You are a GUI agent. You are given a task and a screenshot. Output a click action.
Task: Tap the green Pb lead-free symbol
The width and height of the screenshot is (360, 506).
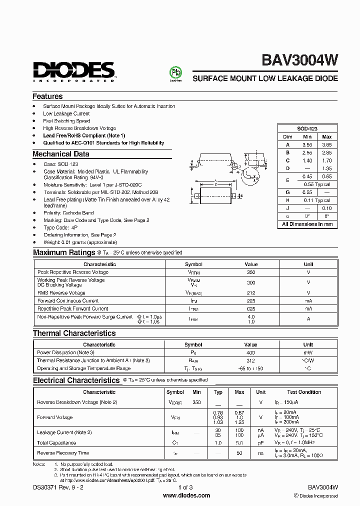pyautogui.click(x=175, y=72)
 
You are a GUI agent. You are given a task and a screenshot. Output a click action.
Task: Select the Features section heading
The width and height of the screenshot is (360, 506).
pyautogui.click(x=47, y=96)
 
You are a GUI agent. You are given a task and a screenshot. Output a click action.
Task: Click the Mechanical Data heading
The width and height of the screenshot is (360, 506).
pyautogui.click(x=61, y=154)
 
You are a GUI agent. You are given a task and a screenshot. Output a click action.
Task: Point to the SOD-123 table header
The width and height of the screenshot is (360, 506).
pyautogui.click(x=307, y=128)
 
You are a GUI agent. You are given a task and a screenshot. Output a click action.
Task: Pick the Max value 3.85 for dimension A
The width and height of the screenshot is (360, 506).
pyautogui.click(x=326, y=144)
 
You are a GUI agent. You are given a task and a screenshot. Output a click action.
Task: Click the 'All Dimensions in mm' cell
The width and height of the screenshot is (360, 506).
pyautogui.click(x=307, y=224)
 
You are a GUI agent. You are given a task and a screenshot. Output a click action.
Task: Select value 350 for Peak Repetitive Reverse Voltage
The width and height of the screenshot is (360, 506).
pyautogui.click(x=251, y=272)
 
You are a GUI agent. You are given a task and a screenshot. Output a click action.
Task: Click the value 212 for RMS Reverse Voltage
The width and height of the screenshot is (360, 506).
pyautogui.click(x=251, y=293)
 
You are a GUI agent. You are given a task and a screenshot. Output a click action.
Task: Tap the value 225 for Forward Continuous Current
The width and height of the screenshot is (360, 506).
pyautogui.click(x=251, y=301)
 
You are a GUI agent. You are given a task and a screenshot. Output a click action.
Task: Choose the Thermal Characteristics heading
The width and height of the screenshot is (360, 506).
pyautogui.click(x=74, y=333)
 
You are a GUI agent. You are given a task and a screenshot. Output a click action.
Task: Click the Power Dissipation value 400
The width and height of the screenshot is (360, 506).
pyautogui.click(x=250, y=352)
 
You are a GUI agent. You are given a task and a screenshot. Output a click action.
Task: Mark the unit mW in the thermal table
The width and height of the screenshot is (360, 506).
pyautogui.click(x=308, y=352)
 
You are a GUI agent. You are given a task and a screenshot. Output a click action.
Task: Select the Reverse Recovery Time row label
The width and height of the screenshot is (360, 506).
pyautogui.click(x=63, y=453)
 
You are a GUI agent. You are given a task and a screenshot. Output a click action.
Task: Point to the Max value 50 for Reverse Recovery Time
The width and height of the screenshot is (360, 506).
pyautogui.click(x=239, y=453)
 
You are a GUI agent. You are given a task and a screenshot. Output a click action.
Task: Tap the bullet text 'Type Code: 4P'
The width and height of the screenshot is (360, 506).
pyautogui.click(x=60, y=227)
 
